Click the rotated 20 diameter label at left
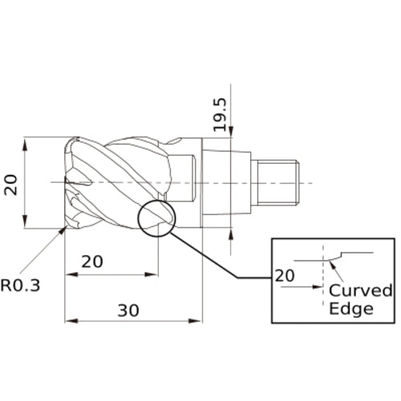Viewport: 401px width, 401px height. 11,184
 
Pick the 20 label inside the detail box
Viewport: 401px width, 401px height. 285,275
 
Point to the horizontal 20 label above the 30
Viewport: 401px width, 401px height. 93,261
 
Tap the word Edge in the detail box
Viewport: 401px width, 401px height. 351,308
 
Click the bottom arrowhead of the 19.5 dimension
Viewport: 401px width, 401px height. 231,232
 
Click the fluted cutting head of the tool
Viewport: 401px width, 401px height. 120,183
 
